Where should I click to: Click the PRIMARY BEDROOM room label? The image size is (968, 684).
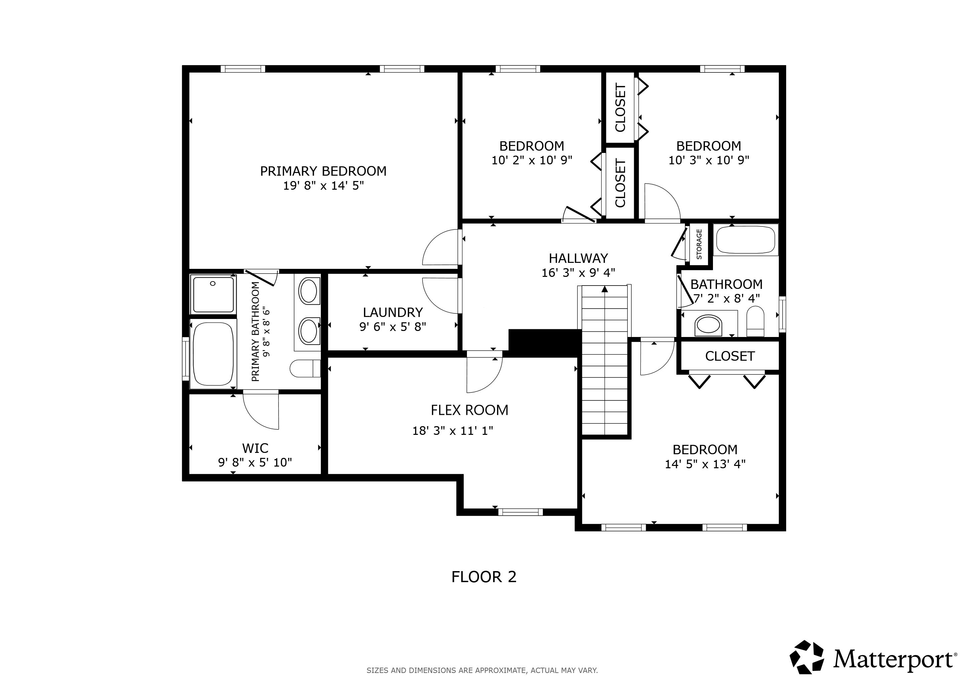click(323, 171)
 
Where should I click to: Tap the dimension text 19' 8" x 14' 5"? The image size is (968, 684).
click(323, 185)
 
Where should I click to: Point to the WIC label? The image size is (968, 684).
click(255, 448)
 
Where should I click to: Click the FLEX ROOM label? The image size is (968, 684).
click(469, 410)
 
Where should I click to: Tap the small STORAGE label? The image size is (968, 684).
click(699, 244)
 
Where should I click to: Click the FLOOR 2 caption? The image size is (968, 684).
click(484, 576)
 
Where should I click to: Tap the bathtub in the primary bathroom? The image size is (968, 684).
click(213, 353)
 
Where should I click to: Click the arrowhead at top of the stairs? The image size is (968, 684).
click(605, 289)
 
